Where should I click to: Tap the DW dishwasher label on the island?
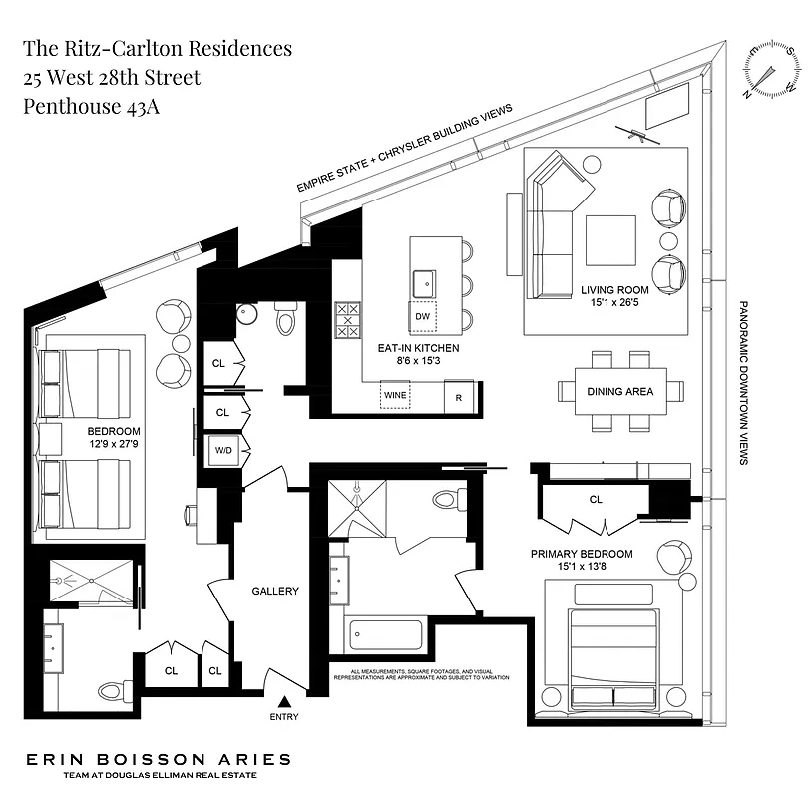421,317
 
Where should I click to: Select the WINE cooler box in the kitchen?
396,395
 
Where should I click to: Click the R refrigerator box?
458,397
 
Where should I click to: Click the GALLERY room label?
275,591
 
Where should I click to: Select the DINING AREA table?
619,392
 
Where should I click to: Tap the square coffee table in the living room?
609,240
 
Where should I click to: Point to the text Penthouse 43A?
91,107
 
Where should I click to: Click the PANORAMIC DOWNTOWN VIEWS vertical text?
743,384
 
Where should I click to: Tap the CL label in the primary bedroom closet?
596,499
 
